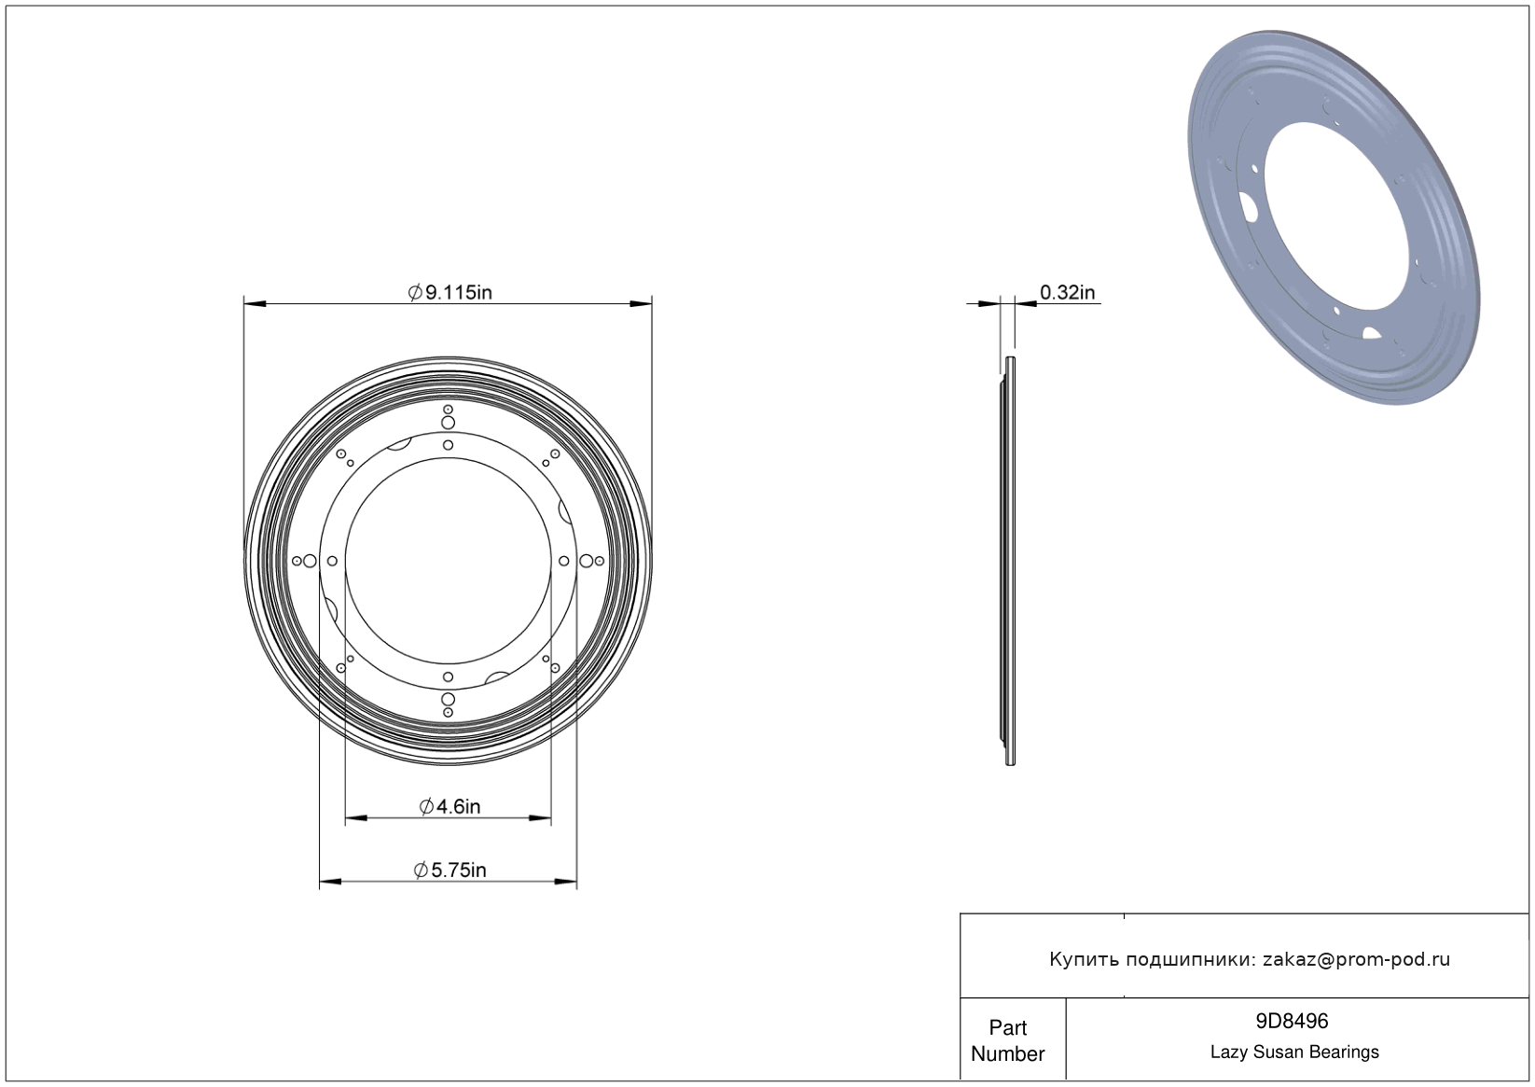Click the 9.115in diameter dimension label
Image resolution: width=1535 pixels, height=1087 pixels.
click(450, 292)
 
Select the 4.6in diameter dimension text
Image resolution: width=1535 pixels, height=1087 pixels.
click(449, 806)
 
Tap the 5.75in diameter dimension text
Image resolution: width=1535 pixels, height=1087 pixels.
click(450, 871)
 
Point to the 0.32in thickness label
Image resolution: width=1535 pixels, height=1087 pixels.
click(1067, 292)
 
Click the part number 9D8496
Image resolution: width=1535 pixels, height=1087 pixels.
click(1292, 1021)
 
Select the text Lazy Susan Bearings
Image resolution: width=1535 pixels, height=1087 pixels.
click(1294, 1052)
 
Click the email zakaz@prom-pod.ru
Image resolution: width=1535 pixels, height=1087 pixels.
click(1356, 959)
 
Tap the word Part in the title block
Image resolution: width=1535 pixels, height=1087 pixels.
click(1007, 1027)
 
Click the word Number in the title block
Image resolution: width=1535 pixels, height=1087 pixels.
click(1007, 1053)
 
